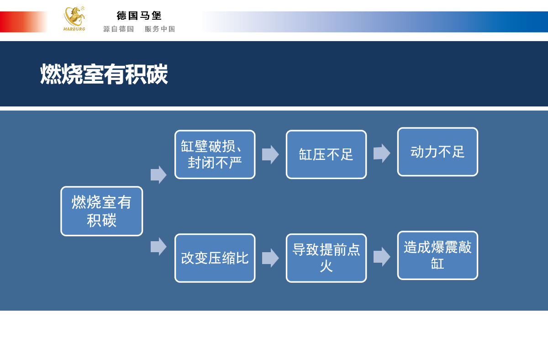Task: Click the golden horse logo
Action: tap(74, 16)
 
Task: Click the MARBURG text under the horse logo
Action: tap(74, 29)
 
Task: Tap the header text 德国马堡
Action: tap(139, 16)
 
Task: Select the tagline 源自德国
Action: tap(118, 29)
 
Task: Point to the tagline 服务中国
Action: tap(160, 29)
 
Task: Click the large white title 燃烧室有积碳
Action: tap(104, 74)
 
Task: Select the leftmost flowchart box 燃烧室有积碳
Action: tap(101, 211)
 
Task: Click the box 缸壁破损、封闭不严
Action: tap(215, 154)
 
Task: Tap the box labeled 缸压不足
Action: tap(326, 154)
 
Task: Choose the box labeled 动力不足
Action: tap(437, 152)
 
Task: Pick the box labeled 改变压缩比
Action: tap(215, 258)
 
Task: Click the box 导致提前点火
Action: tap(326, 258)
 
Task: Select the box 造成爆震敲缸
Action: tap(437, 255)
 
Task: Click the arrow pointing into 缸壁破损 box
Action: tap(158, 175)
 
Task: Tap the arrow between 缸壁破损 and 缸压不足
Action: tap(270, 154)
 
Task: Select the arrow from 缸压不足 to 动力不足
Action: tap(382, 153)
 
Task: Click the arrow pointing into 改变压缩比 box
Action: tap(158, 246)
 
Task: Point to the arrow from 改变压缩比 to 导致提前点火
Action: tap(270, 258)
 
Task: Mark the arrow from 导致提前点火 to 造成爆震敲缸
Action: tap(382, 257)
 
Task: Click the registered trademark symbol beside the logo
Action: tap(83, 8)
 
